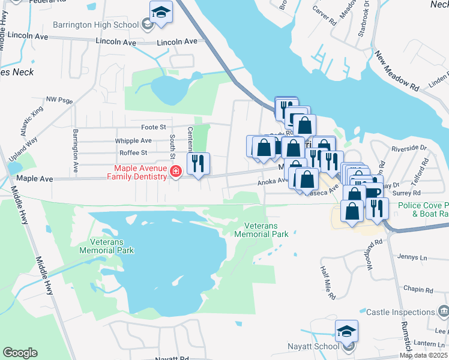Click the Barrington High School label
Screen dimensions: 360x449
[x=96, y=25]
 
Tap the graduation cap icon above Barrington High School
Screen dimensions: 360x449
[x=161, y=13]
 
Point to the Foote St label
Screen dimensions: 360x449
[x=153, y=127]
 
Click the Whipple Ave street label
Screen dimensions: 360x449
[x=133, y=140]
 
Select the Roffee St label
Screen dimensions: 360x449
[x=133, y=153]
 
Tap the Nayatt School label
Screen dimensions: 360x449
[x=319, y=346]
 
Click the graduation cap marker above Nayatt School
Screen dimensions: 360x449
[x=346, y=331]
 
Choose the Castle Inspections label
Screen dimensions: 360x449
[x=400, y=312]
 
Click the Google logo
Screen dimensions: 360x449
[x=20, y=353]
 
